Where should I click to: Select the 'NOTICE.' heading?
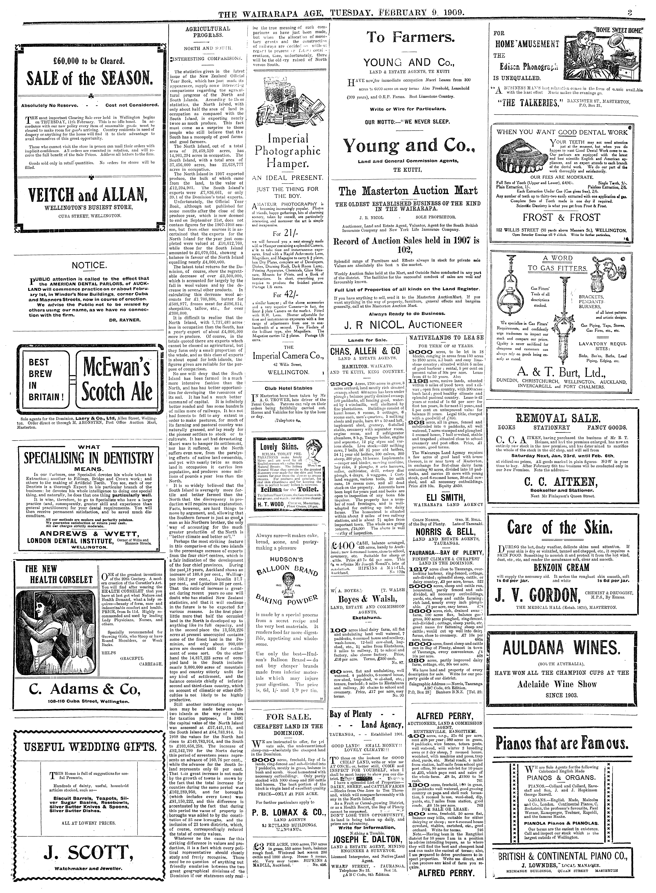point(88,265)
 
